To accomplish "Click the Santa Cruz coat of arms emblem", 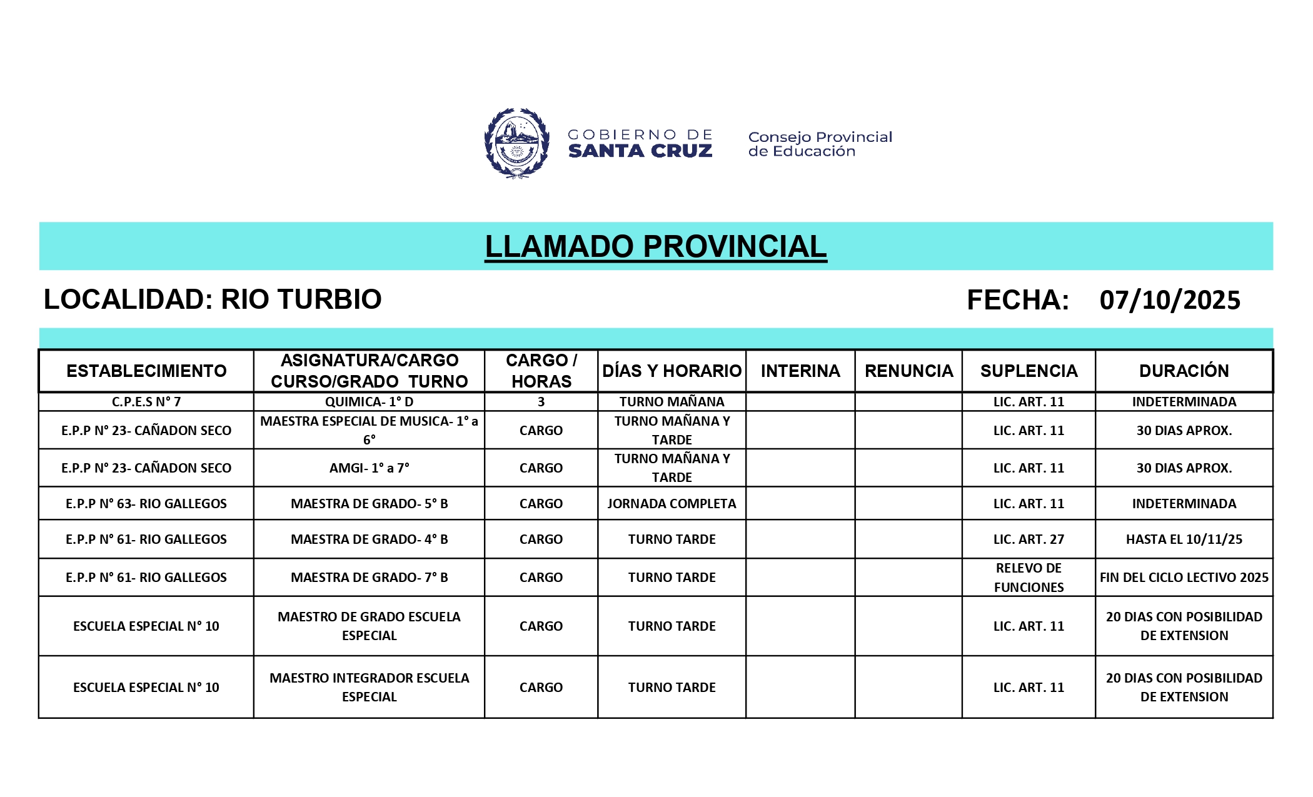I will pyautogui.click(x=517, y=143).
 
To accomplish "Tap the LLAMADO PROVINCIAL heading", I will pyautogui.click(x=656, y=246).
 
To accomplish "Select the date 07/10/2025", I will pyautogui.click(x=1170, y=300).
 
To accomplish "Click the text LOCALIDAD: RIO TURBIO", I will pyautogui.click(x=213, y=299).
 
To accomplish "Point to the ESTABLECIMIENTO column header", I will pyautogui.click(x=146, y=371).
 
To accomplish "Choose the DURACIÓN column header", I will pyautogui.click(x=1184, y=371).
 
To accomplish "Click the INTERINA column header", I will pyautogui.click(x=800, y=371).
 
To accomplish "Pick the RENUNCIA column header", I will pyautogui.click(x=908, y=371).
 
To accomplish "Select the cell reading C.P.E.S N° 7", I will pyautogui.click(x=146, y=402).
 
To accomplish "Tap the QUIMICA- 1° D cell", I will pyautogui.click(x=369, y=402).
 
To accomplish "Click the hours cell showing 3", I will pyautogui.click(x=541, y=402).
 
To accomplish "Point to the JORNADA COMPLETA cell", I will pyautogui.click(x=672, y=504).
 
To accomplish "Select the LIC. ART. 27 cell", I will pyautogui.click(x=1029, y=539).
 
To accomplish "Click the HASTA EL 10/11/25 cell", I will pyautogui.click(x=1184, y=539).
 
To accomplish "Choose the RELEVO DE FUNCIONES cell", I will pyautogui.click(x=1029, y=578).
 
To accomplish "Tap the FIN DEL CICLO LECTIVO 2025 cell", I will pyautogui.click(x=1184, y=578).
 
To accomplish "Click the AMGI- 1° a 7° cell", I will pyautogui.click(x=369, y=468).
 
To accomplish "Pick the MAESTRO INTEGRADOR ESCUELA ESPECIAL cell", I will pyautogui.click(x=369, y=687).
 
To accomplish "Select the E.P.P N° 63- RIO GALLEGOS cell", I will pyautogui.click(x=146, y=504).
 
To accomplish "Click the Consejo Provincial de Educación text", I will pyautogui.click(x=820, y=144).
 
